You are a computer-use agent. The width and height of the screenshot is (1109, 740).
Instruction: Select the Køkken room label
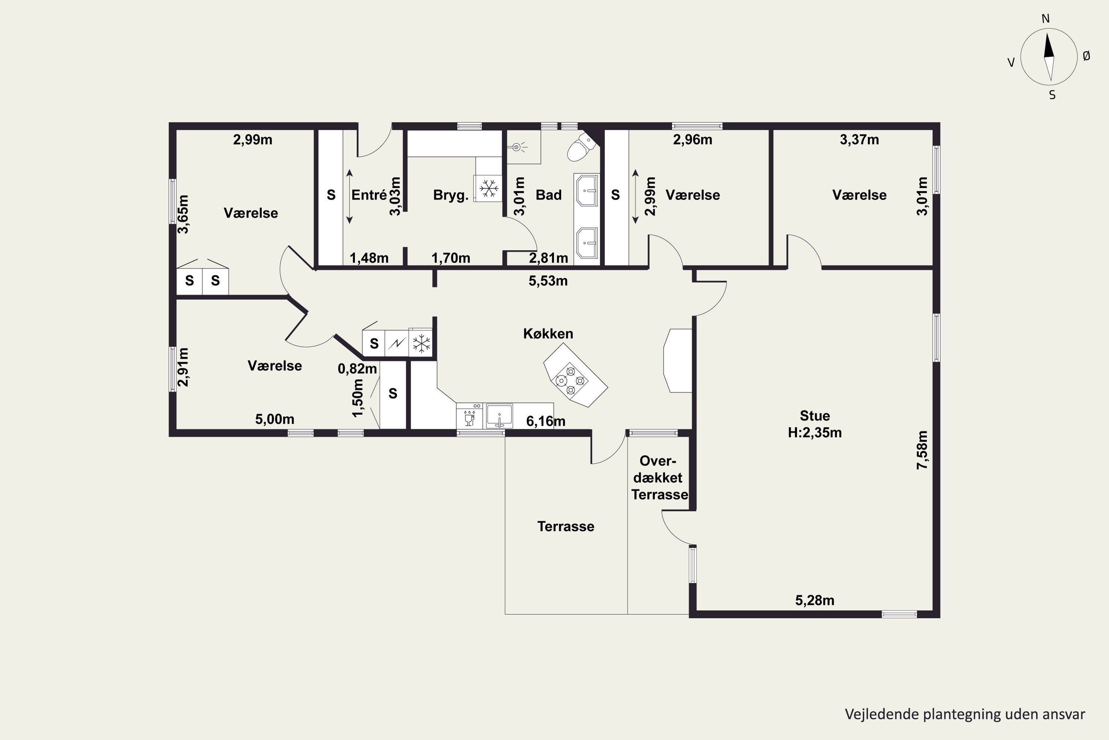point(548,334)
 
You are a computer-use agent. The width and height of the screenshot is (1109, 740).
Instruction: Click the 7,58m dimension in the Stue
point(922,450)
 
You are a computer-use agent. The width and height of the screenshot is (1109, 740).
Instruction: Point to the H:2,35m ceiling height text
point(815,432)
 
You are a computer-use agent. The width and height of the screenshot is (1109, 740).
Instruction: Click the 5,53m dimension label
point(548,281)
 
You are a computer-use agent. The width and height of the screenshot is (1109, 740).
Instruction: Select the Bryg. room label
point(451,195)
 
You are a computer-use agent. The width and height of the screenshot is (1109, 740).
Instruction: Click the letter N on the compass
point(1045,18)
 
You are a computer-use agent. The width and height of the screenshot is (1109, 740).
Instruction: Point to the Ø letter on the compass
point(1086,56)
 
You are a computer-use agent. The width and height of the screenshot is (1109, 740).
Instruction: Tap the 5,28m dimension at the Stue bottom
point(815,600)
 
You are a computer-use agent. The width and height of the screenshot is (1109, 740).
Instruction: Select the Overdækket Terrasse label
point(659,478)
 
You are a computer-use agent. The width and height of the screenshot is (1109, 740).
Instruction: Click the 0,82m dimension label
point(357,369)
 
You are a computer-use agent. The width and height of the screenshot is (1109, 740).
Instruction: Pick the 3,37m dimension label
point(859,140)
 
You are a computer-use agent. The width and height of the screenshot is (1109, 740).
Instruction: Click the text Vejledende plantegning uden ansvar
point(965,714)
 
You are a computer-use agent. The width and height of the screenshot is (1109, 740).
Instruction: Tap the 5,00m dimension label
point(275,419)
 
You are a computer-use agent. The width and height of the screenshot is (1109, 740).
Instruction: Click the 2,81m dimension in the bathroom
point(548,258)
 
